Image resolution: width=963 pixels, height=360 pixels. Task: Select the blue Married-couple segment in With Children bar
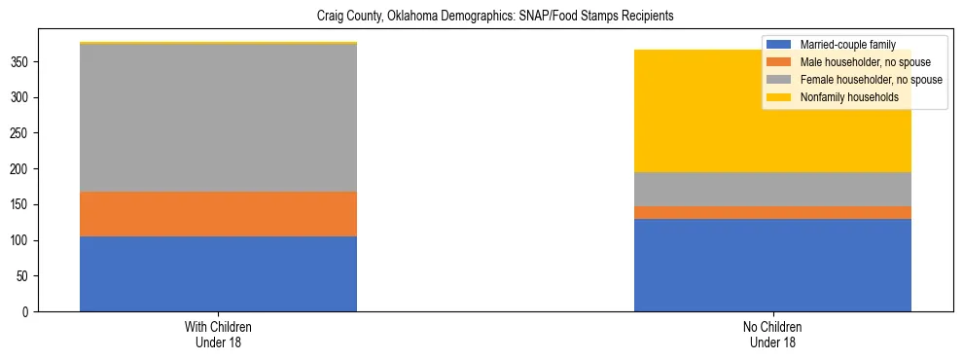[218, 273]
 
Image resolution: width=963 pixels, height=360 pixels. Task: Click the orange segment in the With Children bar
[218, 214]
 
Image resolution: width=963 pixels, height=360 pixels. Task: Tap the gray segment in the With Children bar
[218, 118]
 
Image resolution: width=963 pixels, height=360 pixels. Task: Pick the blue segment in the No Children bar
[772, 265]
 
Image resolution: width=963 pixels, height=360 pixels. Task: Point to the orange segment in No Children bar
[772, 212]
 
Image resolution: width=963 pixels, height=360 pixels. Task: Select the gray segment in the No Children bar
[772, 189]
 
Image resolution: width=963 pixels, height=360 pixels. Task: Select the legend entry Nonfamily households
[842, 97]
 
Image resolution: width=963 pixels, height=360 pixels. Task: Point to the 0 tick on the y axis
[28, 311]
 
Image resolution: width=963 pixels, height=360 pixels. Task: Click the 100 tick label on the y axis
[22, 240]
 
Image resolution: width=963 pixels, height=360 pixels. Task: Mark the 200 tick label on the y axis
[22, 168]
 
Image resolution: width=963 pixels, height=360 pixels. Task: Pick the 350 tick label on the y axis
[22, 61]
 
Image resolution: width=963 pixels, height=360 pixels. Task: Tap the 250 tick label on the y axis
[22, 133]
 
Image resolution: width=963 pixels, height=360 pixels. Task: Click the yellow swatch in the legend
[779, 97]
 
